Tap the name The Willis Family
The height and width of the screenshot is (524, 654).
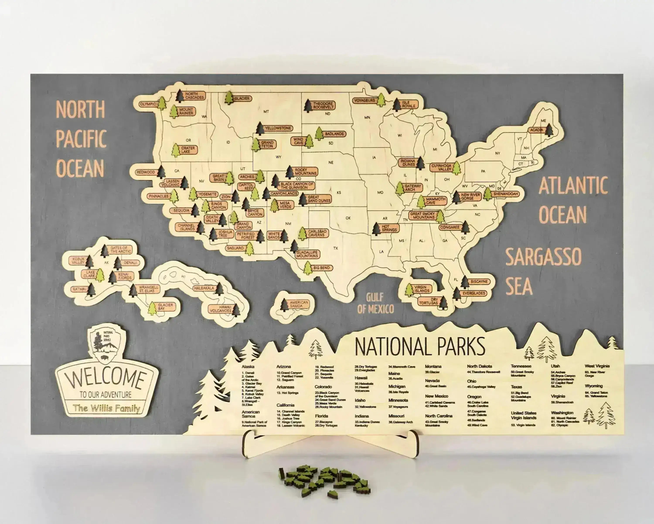[106, 408]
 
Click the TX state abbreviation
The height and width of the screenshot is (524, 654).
[336, 248]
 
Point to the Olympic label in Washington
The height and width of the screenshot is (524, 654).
[148, 104]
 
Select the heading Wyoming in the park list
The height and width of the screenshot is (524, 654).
[593, 386]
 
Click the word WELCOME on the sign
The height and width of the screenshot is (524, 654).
[106, 379]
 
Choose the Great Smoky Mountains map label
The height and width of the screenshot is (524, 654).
[422, 215]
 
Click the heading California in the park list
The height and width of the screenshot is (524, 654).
[285, 405]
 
